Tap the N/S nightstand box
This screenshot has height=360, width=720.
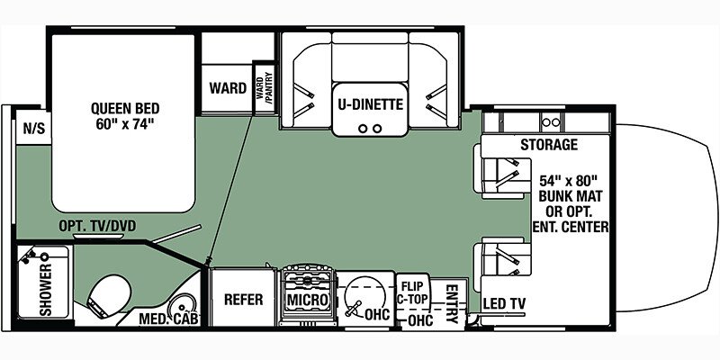pyautogui.click(x=33, y=128)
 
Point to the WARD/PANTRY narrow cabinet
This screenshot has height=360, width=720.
pyautogui.click(x=265, y=88)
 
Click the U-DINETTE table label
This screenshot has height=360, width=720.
pyautogui.click(x=369, y=103)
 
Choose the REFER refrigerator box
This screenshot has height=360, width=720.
pyautogui.click(x=243, y=299)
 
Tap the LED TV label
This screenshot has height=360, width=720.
pyautogui.click(x=504, y=302)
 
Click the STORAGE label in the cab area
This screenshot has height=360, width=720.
pyautogui.click(x=547, y=144)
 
